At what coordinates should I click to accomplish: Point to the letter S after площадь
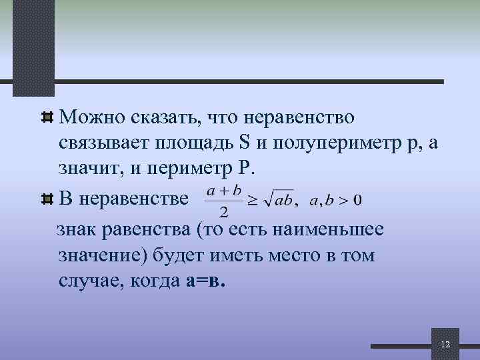[x=243, y=143]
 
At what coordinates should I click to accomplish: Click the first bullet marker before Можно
[x=47, y=119]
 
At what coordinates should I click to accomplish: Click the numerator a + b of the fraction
[x=223, y=190]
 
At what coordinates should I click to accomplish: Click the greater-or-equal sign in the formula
[x=253, y=199]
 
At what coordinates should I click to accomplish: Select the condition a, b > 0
[x=336, y=199]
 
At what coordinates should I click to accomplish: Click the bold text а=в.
[x=207, y=280]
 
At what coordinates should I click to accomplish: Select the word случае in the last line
[x=86, y=280]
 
